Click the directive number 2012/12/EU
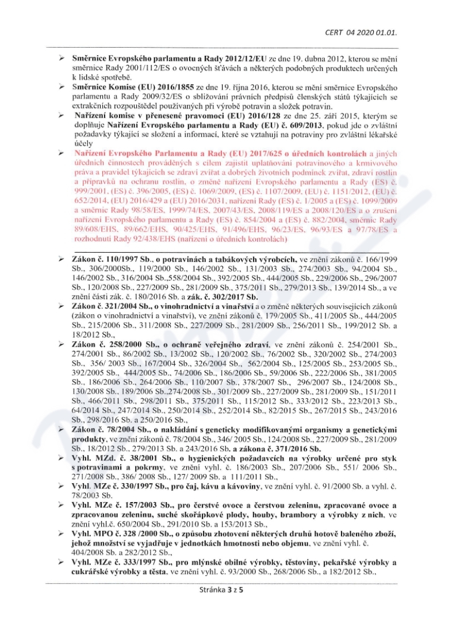[x=241, y=59]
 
